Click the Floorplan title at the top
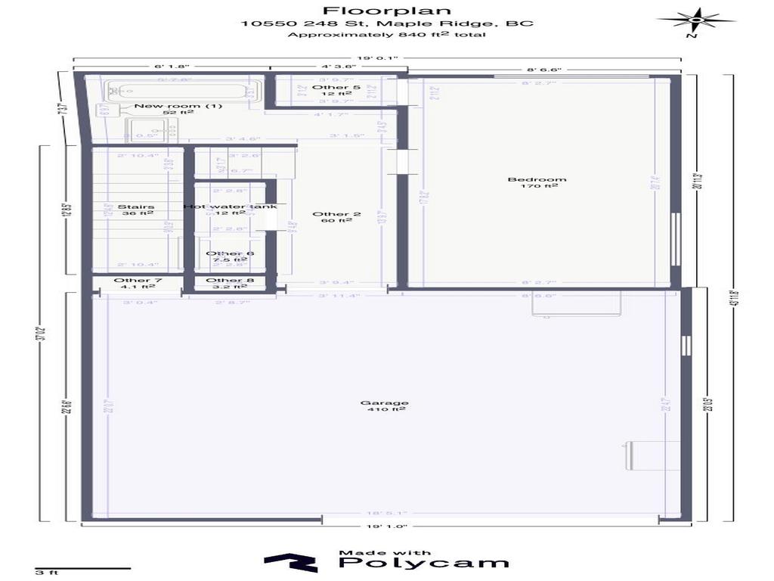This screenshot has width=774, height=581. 387,11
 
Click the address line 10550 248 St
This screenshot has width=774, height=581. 387,23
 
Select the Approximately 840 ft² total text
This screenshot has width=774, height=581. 387,35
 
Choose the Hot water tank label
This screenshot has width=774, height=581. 230,207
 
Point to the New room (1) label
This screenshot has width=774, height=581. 178,106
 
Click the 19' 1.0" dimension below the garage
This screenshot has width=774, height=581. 387,527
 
